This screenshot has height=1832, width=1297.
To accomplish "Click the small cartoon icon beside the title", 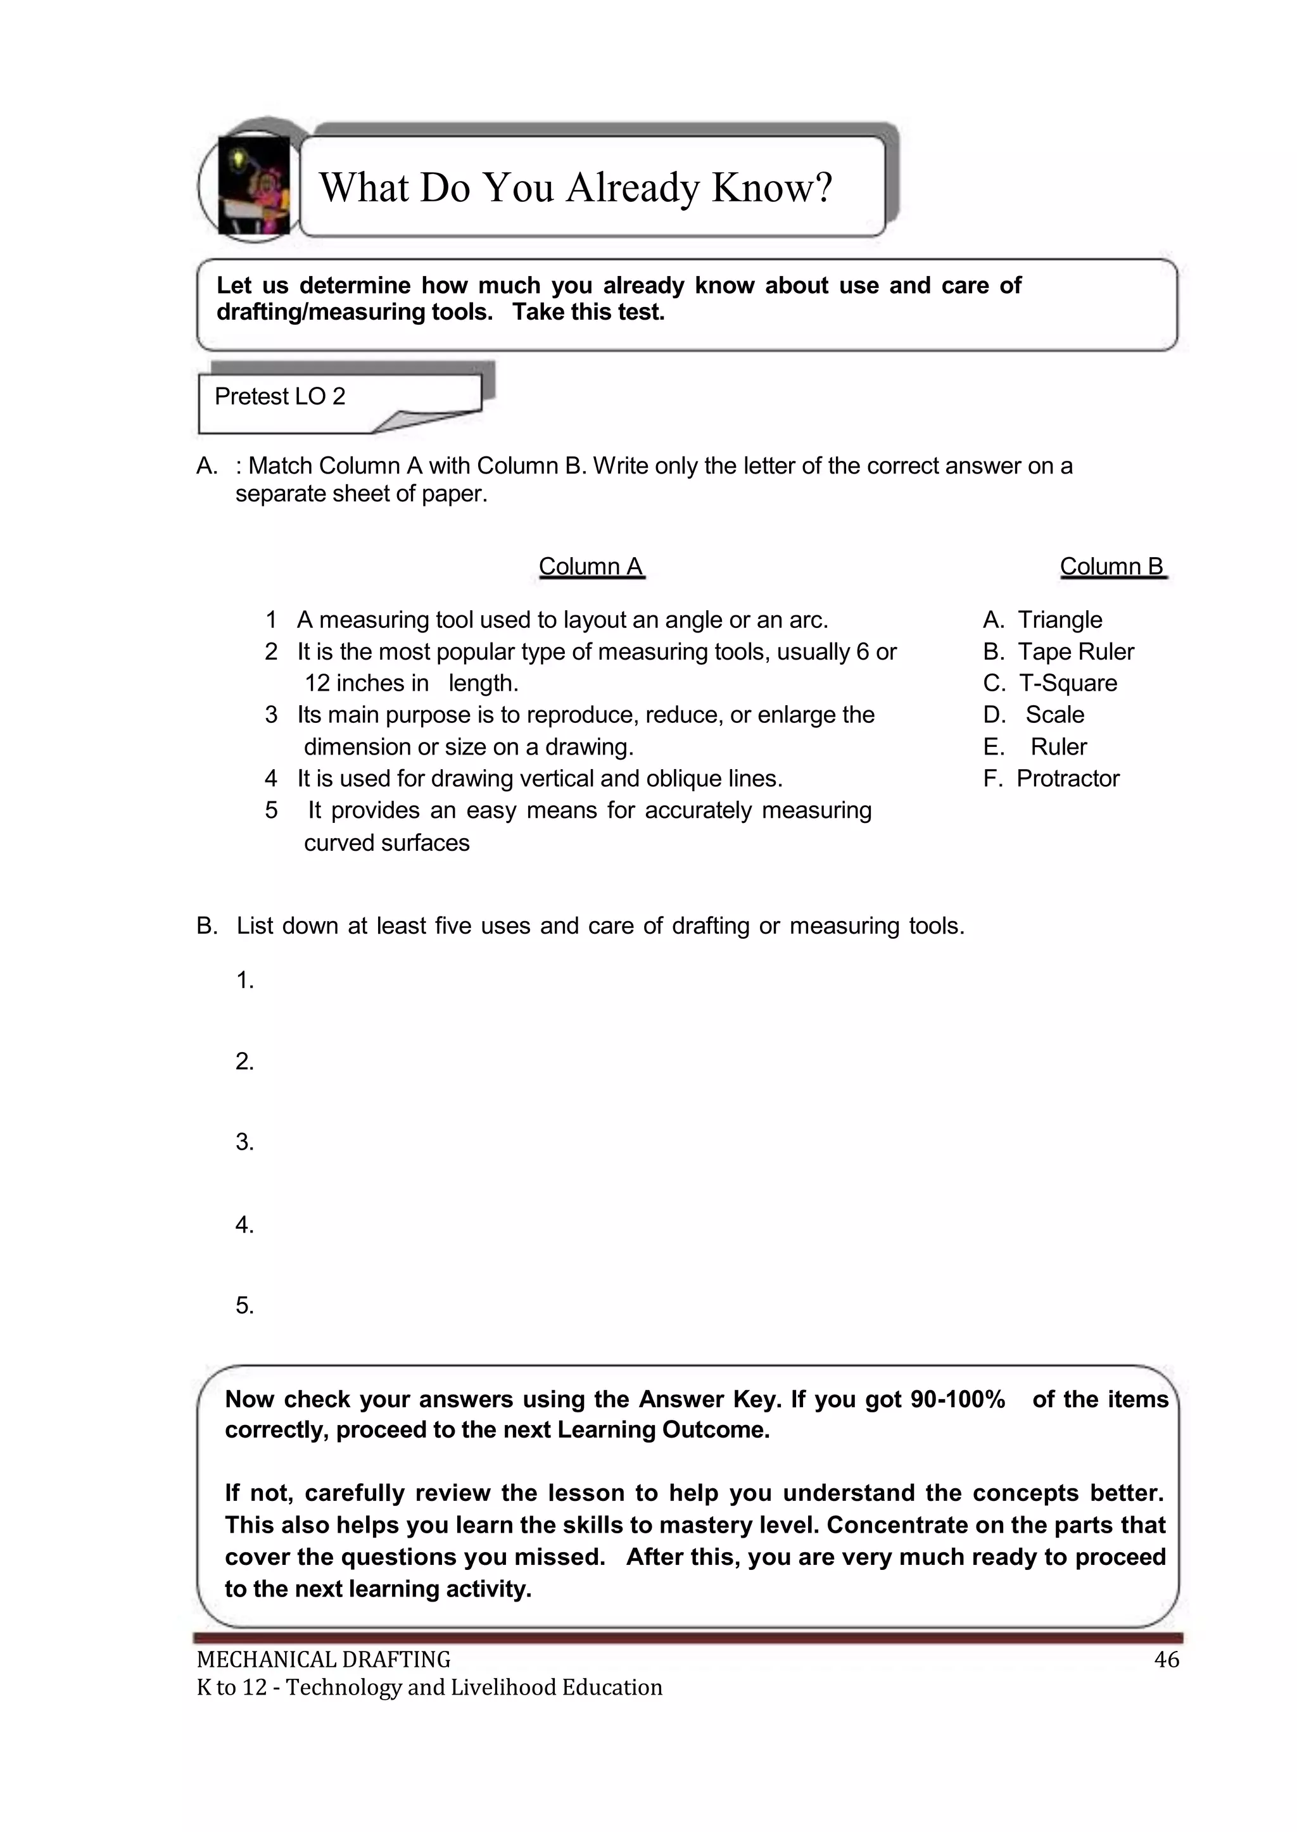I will point(253,186).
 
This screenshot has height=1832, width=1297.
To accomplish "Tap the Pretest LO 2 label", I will point(279,397).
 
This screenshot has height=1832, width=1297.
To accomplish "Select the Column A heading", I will point(590,566).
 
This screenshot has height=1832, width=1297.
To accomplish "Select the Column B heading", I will point(1111,566).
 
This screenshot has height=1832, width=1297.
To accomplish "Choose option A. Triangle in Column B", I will point(1042,620).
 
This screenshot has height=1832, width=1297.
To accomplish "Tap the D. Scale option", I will point(1034,715).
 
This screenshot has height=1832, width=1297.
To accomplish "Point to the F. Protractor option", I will point(1051,778).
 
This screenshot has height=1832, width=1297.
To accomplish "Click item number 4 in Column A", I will point(271,778).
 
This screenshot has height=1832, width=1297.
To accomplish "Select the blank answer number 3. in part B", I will point(244,1142).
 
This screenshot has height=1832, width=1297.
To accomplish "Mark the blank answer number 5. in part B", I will point(244,1305).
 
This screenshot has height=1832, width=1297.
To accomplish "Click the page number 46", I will point(1166,1660).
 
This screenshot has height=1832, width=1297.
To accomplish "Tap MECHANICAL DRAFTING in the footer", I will point(324,1660).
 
